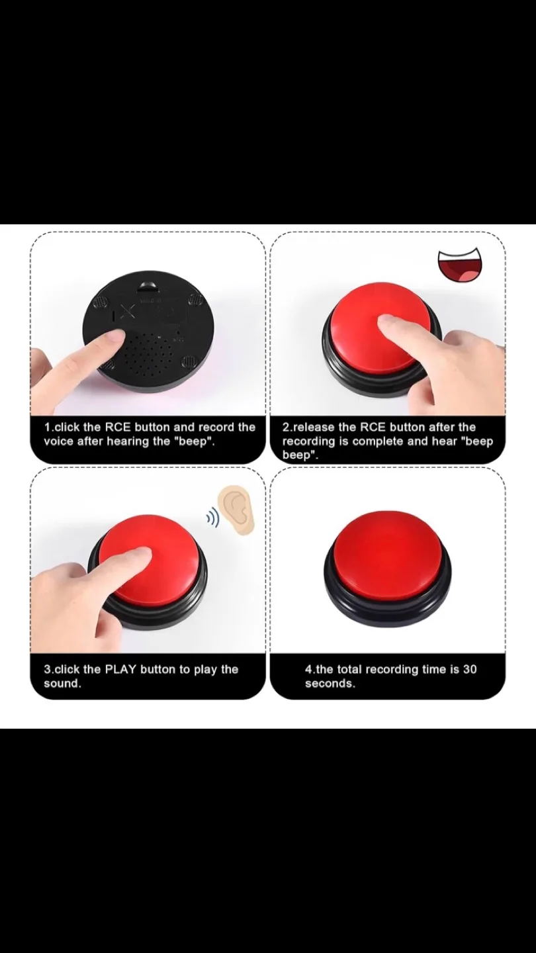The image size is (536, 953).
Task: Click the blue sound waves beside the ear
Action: [212, 518]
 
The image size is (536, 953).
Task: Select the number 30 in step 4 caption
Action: [469, 669]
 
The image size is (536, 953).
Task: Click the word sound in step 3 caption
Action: [62, 684]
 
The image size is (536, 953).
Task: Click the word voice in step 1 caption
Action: [58, 441]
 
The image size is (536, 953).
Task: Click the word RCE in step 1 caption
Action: [118, 427]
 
